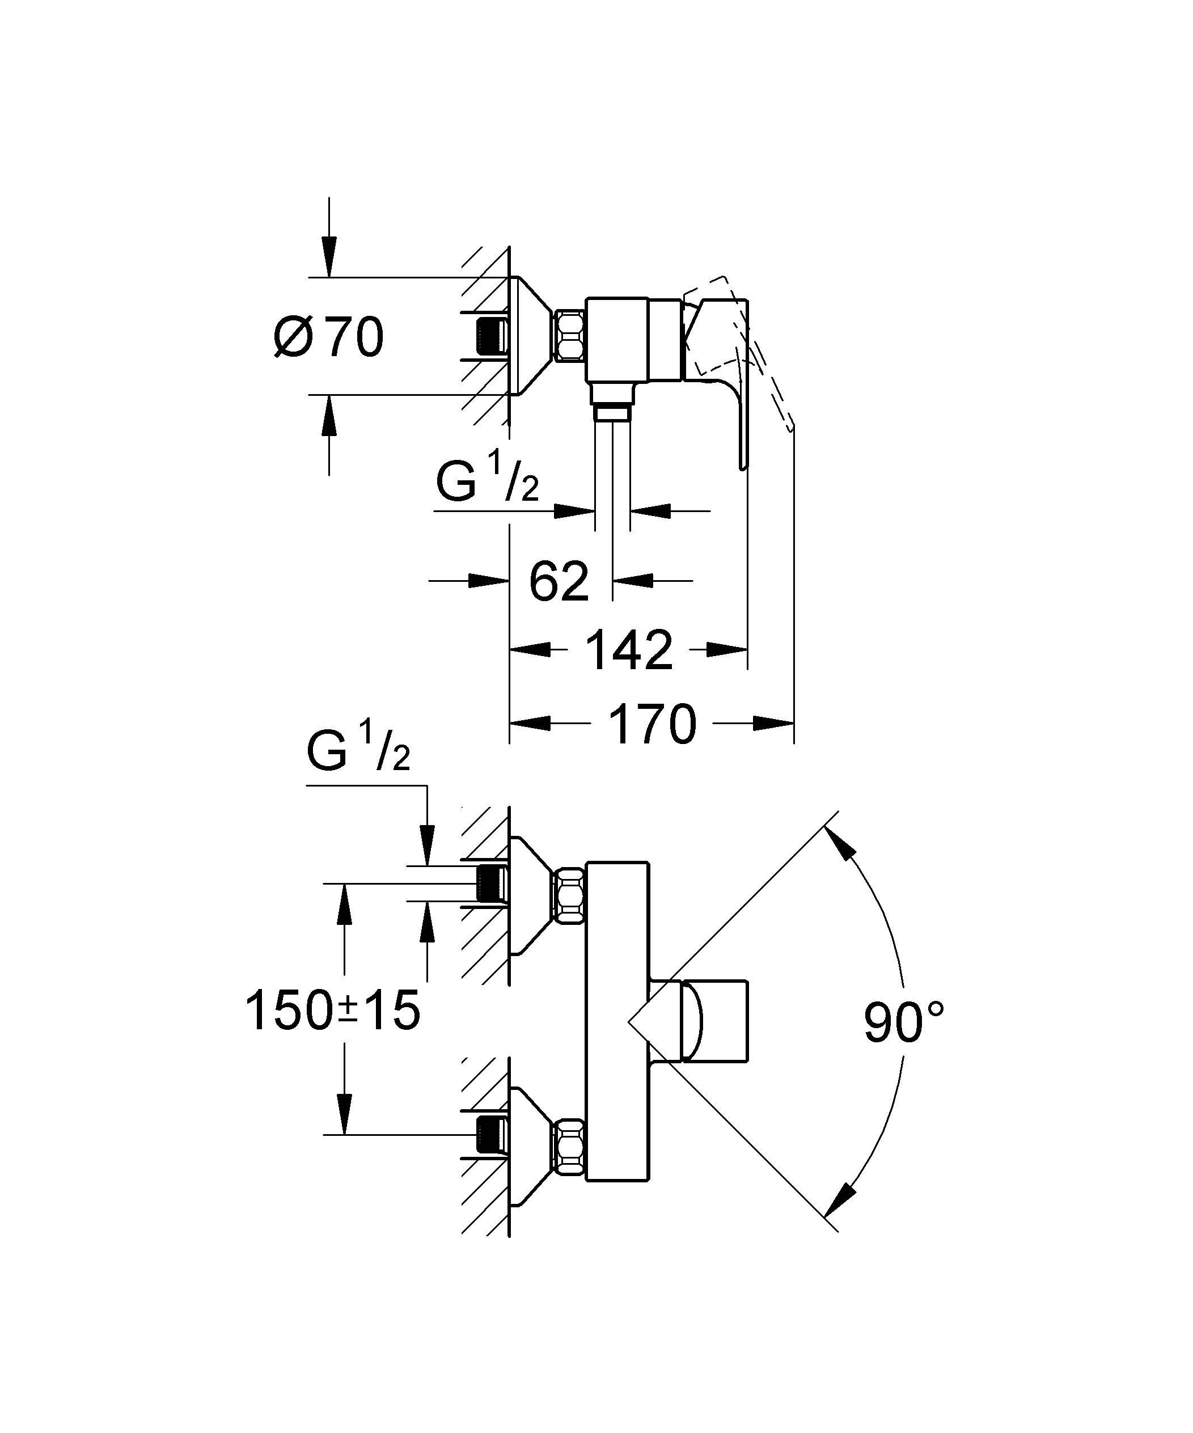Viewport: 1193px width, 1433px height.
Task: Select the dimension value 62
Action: [559, 581]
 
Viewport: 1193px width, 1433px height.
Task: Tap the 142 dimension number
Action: [629, 650]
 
